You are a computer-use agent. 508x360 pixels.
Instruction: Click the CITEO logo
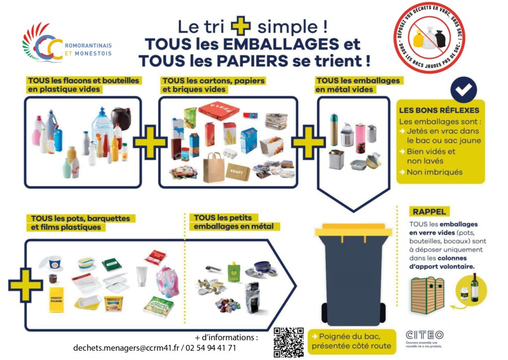click(424, 336)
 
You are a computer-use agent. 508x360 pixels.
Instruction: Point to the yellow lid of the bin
click(353, 230)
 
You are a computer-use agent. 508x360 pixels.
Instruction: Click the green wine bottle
click(474, 288)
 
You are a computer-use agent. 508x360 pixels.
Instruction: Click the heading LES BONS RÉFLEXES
click(439, 110)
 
